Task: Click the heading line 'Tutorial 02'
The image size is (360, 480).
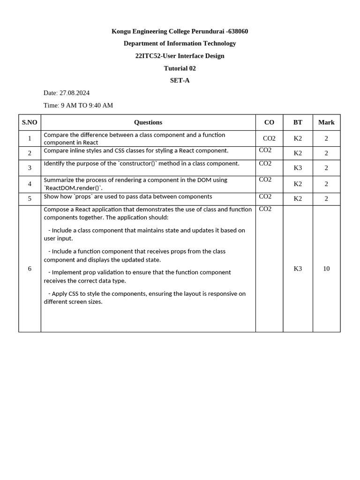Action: [x=180, y=68]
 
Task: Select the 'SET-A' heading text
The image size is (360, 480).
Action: [x=180, y=80]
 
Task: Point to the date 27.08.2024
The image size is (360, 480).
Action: [x=75, y=93]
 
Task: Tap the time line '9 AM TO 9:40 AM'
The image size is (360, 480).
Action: [x=87, y=105]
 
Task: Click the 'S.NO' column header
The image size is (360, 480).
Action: [x=30, y=122]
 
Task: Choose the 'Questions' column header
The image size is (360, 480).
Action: [x=148, y=122]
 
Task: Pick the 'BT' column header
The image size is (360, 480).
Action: [x=298, y=122]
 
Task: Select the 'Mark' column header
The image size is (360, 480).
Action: [x=326, y=122]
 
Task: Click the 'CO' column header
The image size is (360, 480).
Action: [x=269, y=122]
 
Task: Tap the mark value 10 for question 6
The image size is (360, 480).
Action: [x=326, y=269]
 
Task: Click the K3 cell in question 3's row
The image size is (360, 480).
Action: [x=298, y=168]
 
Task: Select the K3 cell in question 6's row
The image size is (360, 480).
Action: [x=298, y=269]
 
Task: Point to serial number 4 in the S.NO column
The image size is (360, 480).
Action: [x=30, y=184]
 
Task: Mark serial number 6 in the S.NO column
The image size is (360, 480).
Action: [x=30, y=269]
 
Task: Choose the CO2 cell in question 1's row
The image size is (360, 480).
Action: [x=269, y=138]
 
